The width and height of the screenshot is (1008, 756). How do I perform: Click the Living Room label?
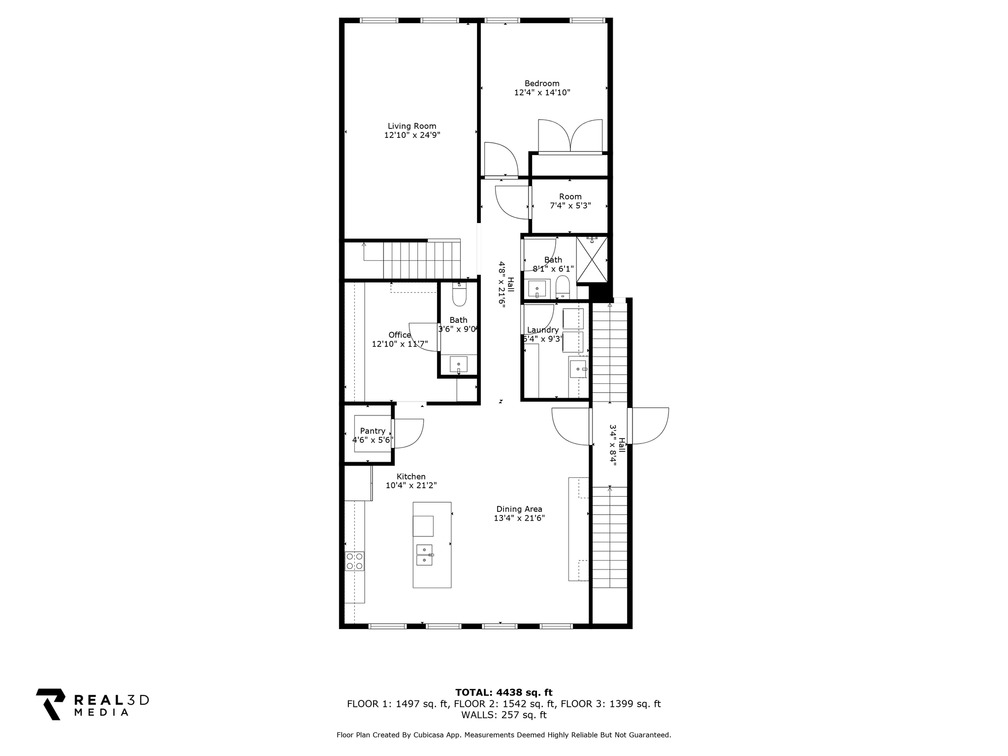point(412,126)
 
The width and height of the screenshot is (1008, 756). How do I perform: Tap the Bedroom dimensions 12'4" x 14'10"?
point(542,92)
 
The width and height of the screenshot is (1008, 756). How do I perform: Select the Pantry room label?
point(373,431)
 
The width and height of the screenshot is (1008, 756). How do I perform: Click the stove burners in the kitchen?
point(354,561)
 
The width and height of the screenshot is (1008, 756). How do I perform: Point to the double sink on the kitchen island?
point(424,555)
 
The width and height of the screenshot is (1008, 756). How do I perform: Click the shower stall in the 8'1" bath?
point(592,259)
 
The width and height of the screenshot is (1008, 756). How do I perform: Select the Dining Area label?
point(519,509)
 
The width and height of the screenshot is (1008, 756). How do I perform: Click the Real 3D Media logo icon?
point(51,704)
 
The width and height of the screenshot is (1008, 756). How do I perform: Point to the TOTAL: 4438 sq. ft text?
point(504,693)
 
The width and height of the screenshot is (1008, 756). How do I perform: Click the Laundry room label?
point(543,330)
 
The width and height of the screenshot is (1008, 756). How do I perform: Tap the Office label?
point(400,335)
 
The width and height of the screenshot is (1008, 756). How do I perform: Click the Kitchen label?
point(411,476)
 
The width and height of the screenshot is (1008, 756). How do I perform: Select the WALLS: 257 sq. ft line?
point(504,715)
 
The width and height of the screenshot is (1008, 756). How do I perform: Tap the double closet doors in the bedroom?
point(570,136)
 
